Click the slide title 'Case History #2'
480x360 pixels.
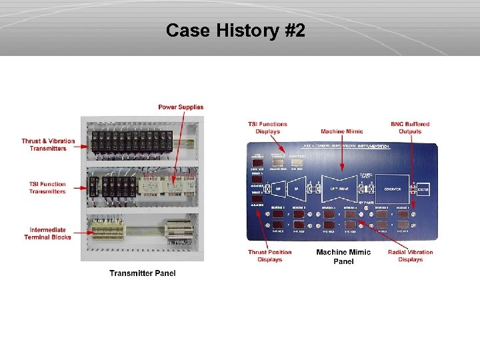235,31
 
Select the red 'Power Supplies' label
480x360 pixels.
181,107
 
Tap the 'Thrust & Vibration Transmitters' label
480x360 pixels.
48,145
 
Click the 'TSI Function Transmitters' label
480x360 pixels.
47,188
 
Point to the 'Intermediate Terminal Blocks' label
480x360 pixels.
47,233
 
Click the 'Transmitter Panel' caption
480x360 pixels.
143,273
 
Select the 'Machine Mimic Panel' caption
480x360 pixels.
344,257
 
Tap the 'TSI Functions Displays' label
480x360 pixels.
267,127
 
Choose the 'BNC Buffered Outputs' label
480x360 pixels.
410,127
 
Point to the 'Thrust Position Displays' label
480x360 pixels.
270,256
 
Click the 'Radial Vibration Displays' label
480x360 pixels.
410,256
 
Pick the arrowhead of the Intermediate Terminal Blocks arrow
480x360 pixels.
89,233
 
